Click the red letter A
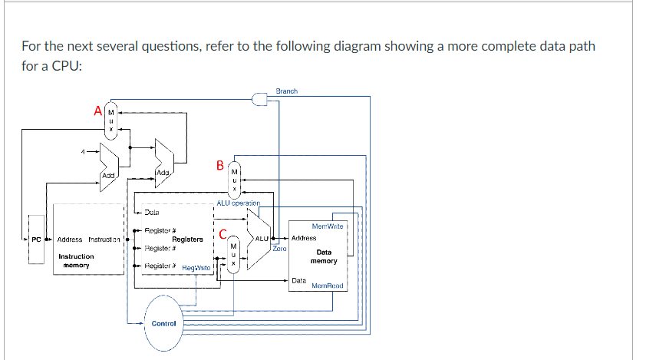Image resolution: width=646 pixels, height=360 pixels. (x=97, y=111)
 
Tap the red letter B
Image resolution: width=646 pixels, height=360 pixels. (x=221, y=165)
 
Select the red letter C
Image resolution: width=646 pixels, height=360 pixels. (x=223, y=234)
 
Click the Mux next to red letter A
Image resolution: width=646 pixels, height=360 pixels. (x=111, y=121)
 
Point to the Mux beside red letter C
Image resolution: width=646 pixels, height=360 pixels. (x=236, y=253)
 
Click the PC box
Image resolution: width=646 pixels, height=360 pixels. (x=36, y=239)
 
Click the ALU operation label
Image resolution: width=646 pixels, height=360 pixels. (x=239, y=203)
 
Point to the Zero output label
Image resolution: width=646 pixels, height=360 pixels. (x=279, y=249)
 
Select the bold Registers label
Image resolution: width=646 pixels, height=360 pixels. (x=187, y=239)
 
